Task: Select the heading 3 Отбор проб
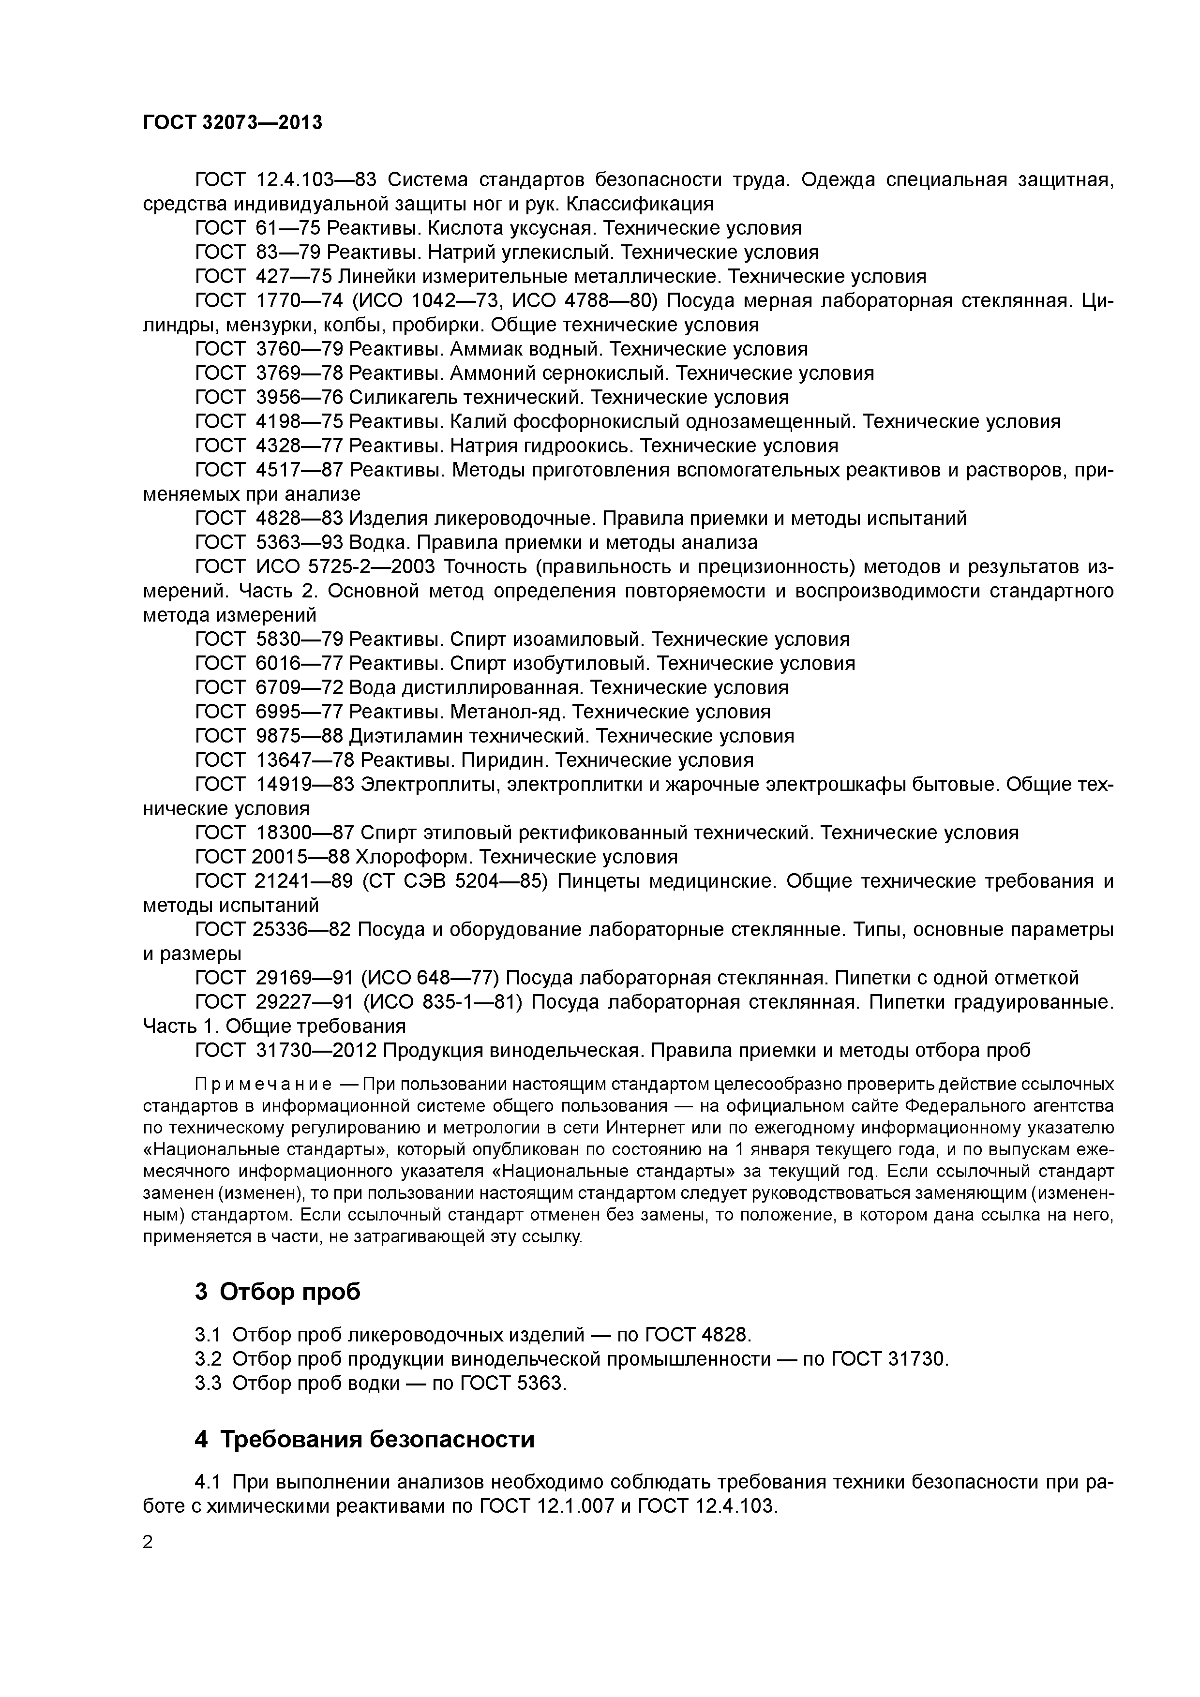[x=278, y=1291]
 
